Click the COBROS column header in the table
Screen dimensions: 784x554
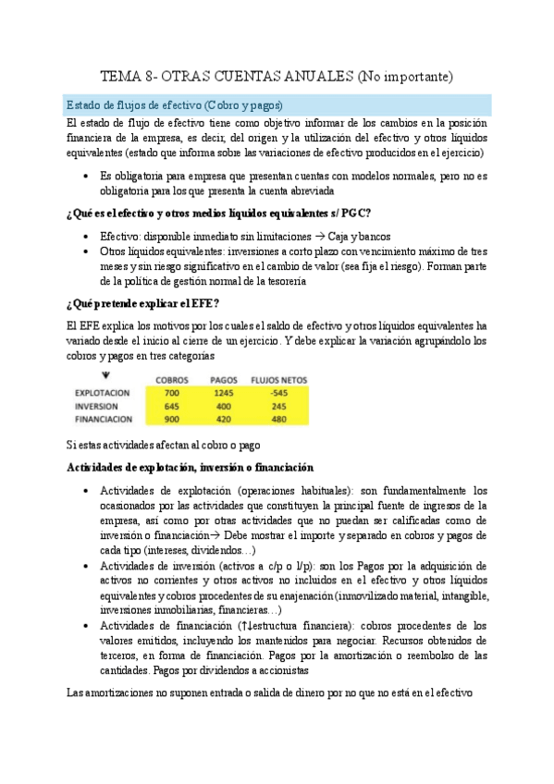[x=173, y=379]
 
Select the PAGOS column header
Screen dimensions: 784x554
[x=225, y=379]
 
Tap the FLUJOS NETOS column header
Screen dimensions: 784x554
[x=278, y=379]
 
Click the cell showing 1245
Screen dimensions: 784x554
[x=225, y=392]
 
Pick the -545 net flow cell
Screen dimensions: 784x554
[x=278, y=392]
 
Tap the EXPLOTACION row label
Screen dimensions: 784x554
[x=103, y=392]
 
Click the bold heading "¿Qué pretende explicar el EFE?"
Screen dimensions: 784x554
[x=143, y=303]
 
